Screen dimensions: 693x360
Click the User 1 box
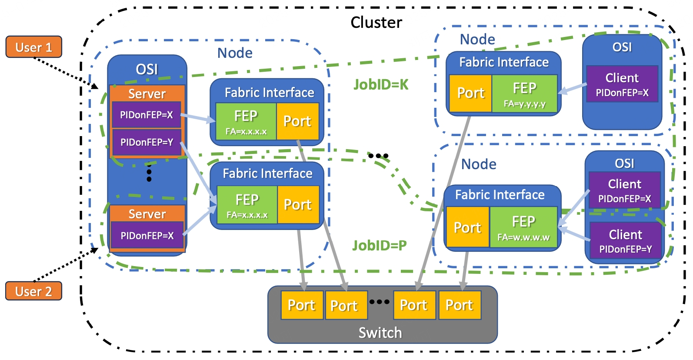(34, 47)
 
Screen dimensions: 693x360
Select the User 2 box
(34, 291)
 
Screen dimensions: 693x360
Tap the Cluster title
(376, 22)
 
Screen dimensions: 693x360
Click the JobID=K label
(381, 84)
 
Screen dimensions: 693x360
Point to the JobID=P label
(380, 245)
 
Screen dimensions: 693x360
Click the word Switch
(380, 333)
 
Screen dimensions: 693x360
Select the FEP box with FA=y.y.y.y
(524, 93)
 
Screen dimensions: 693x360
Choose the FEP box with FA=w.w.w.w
(523, 227)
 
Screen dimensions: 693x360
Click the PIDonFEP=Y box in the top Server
(147, 142)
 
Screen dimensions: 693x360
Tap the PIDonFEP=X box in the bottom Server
(147, 235)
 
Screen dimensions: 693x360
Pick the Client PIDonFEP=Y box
(625, 240)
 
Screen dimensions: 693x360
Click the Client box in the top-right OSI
(622, 84)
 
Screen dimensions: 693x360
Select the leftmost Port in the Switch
(302, 305)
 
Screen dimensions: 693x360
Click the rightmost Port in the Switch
(460, 305)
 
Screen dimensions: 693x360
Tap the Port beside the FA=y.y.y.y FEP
(470, 93)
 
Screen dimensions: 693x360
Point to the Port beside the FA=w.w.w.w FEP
(468, 227)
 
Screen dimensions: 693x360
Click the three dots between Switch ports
(379, 302)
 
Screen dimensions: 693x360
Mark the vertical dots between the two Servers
(149, 173)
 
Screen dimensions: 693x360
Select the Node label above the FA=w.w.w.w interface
(479, 164)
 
